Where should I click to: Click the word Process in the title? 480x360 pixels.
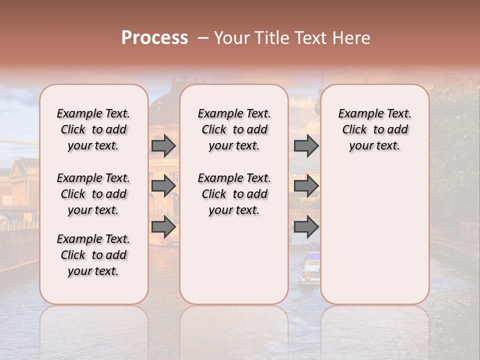(154, 38)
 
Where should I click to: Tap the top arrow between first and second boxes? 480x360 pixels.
(163, 145)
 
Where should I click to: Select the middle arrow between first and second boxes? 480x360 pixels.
(163, 186)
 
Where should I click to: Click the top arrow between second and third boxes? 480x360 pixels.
(306, 145)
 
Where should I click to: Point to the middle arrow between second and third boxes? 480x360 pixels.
(306, 186)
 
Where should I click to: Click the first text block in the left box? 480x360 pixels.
(93, 129)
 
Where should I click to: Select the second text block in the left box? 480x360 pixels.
(93, 194)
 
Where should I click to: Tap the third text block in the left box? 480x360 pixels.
(93, 255)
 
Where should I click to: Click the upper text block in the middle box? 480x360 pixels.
(234, 129)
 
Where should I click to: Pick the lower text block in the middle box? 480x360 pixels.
(234, 194)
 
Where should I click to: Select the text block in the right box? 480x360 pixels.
(374, 129)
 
